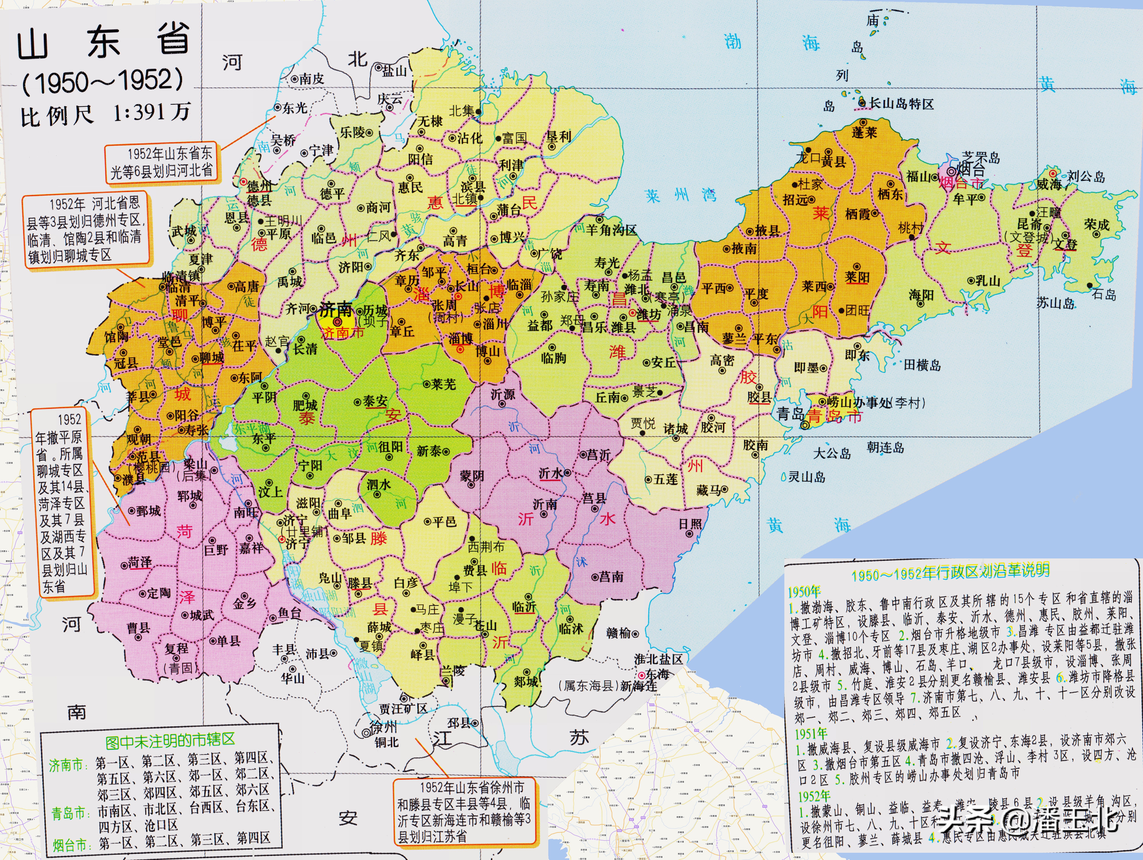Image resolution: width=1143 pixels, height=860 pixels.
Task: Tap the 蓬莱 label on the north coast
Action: (864, 132)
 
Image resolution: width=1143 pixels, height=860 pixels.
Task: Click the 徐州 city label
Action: (383, 727)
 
